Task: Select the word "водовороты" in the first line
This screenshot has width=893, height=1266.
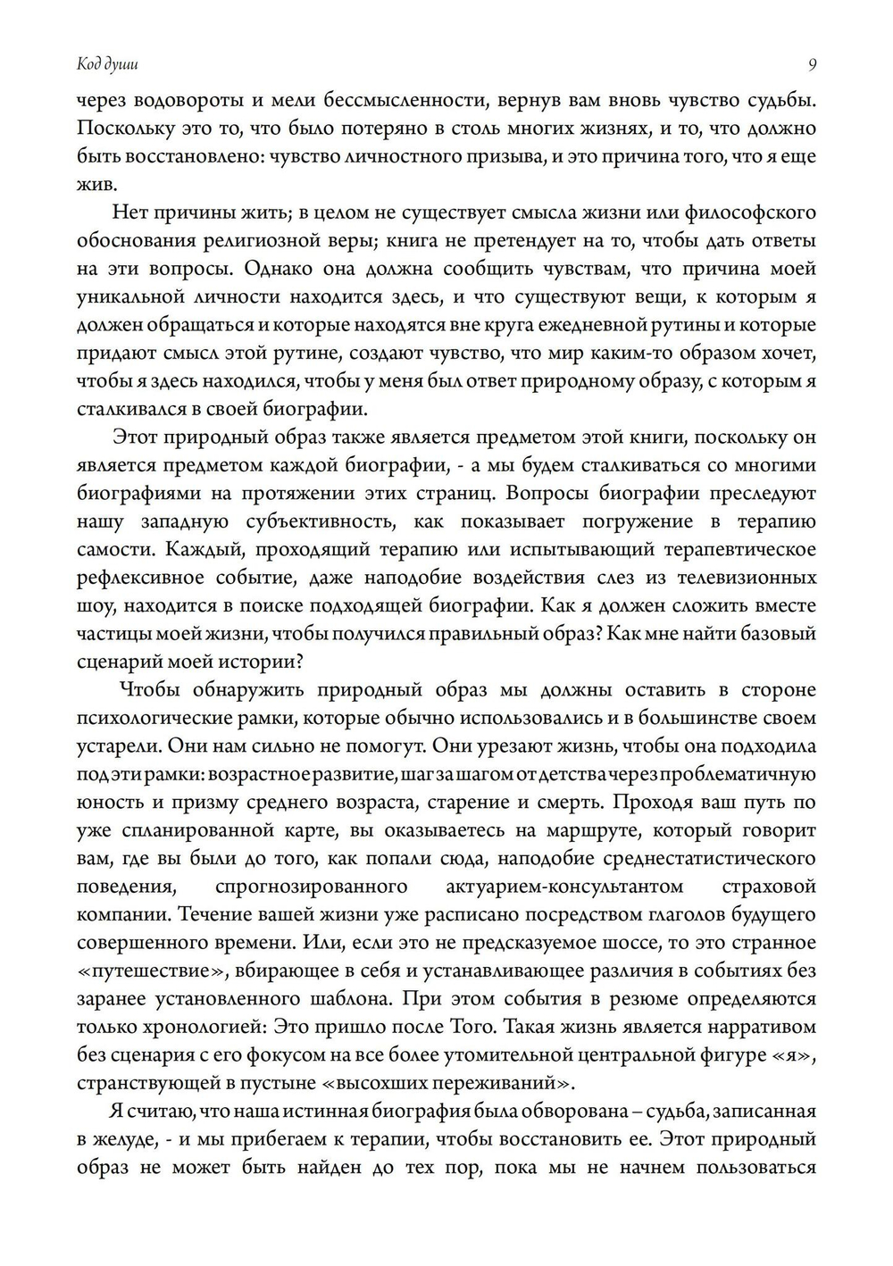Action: point(186,100)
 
